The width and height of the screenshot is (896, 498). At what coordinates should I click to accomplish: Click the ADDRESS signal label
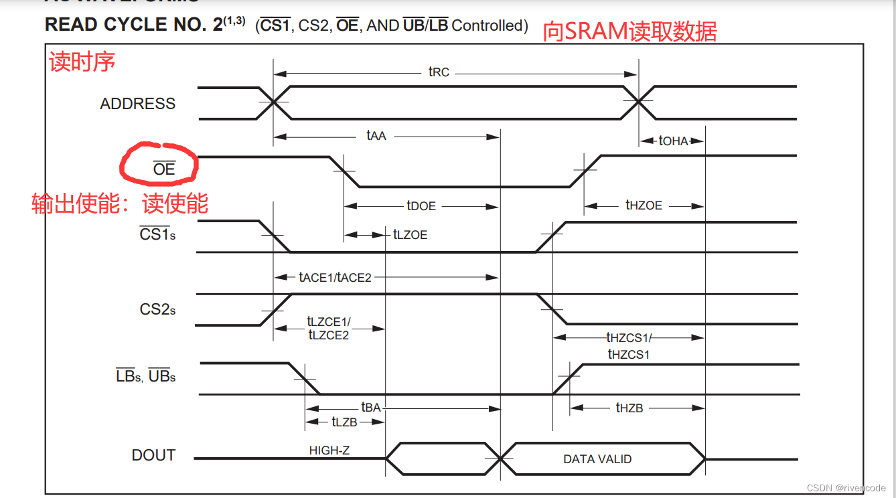click(137, 104)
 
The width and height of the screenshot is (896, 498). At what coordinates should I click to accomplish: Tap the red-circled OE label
click(163, 169)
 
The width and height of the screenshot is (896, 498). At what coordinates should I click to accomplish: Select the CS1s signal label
click(157, 234)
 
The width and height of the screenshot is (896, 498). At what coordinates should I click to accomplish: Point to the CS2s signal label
click(157, 309)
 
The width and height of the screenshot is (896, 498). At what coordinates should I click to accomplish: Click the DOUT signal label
click(153, 455)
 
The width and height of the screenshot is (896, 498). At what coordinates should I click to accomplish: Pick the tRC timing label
click(439, 72)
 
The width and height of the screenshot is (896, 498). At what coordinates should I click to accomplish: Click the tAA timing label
click(376, 136)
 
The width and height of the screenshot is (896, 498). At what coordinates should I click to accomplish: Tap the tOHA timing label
click(673, 141)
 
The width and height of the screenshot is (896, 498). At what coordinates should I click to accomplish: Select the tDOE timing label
click(421, 206)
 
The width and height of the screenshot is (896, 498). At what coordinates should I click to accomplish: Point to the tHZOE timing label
click(644, 205)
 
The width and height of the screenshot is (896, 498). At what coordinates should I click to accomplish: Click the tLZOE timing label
click(410, 234)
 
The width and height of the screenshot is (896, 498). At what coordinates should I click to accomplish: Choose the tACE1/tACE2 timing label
click(335, 276)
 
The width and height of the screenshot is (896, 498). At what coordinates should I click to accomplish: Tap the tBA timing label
click(371, 407)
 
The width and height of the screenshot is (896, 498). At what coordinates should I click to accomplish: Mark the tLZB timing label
click(344, 422)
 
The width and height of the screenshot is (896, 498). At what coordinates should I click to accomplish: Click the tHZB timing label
click(629, 408)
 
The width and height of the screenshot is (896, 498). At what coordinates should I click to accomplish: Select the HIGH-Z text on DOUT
click(329, 450)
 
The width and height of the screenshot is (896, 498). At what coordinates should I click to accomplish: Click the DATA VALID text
click(597, 459)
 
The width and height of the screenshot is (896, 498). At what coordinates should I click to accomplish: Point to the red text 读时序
click(82, 62)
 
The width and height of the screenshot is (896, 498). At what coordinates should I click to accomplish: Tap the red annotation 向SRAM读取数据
click(629, 31)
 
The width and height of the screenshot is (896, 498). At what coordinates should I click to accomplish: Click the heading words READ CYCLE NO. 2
click(133, 25)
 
